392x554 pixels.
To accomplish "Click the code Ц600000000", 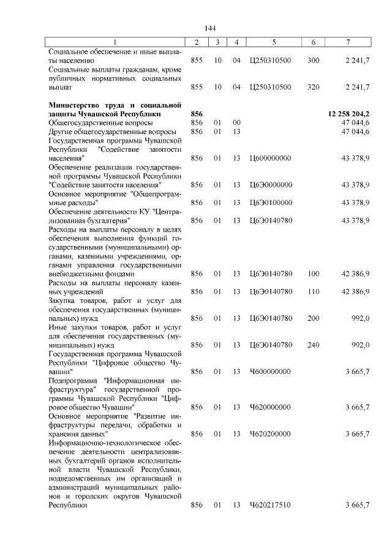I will (x=271, y=158).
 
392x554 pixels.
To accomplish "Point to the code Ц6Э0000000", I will (x=271, y=184).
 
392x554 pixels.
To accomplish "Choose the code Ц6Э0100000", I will (x=271, y=202).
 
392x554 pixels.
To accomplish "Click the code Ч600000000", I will (x=271, y=371).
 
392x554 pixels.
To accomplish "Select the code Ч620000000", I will (x=271, y=406).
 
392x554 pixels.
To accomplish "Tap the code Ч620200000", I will (x=271, y=433).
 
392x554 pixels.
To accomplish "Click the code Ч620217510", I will (x=271, y=505).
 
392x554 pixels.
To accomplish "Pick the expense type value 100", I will (x=313, y=274).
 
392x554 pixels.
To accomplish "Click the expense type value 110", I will (x=313, y=291).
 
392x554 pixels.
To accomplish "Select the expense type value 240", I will (x=313, y=345).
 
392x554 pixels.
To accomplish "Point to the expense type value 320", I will (x=313, y=87).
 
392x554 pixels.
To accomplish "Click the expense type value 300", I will (x=313, y=61).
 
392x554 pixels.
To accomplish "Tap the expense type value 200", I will (x=313, y=318).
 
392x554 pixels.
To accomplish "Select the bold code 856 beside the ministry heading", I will (x=197, y=114).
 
